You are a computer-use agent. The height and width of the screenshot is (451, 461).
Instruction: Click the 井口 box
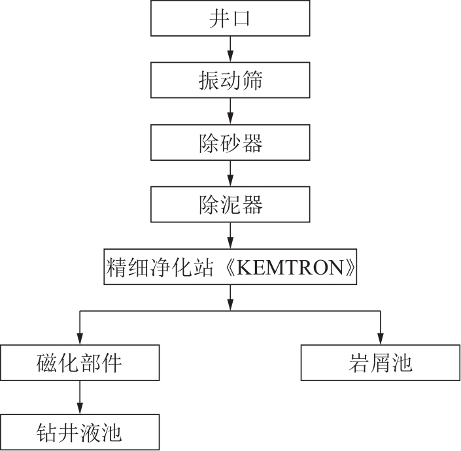230,18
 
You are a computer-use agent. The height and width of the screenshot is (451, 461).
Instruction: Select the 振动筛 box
230,80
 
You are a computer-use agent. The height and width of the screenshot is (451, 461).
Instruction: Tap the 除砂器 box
230,142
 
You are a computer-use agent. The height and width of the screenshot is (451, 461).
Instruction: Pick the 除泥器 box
230,205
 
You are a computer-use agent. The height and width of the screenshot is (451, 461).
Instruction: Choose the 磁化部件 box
80,363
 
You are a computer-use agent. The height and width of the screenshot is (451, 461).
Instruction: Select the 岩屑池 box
381,363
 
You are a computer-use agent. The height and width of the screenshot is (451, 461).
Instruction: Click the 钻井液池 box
80,431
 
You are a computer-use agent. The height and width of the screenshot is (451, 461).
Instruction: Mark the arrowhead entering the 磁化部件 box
80,340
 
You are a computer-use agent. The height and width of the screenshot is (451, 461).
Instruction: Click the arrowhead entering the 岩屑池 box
381,340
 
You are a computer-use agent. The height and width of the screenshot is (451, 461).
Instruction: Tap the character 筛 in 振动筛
252,80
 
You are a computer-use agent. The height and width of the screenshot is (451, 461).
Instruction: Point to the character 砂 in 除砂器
230,142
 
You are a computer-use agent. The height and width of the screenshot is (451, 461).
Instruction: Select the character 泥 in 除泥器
230,205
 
